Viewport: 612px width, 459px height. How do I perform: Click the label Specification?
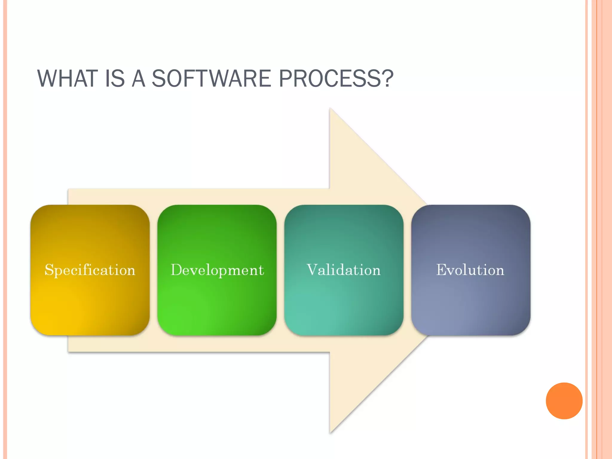coord(90,270)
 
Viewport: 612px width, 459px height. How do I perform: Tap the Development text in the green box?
coord(217,270)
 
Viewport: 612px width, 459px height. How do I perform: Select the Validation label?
coord(344,270)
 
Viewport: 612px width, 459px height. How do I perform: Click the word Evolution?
coord(470,270)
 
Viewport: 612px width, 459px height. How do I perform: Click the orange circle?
coord(564,401)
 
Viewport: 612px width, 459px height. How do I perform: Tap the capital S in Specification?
coord(49,270)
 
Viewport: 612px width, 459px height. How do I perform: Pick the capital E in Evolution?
coord(442,270)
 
